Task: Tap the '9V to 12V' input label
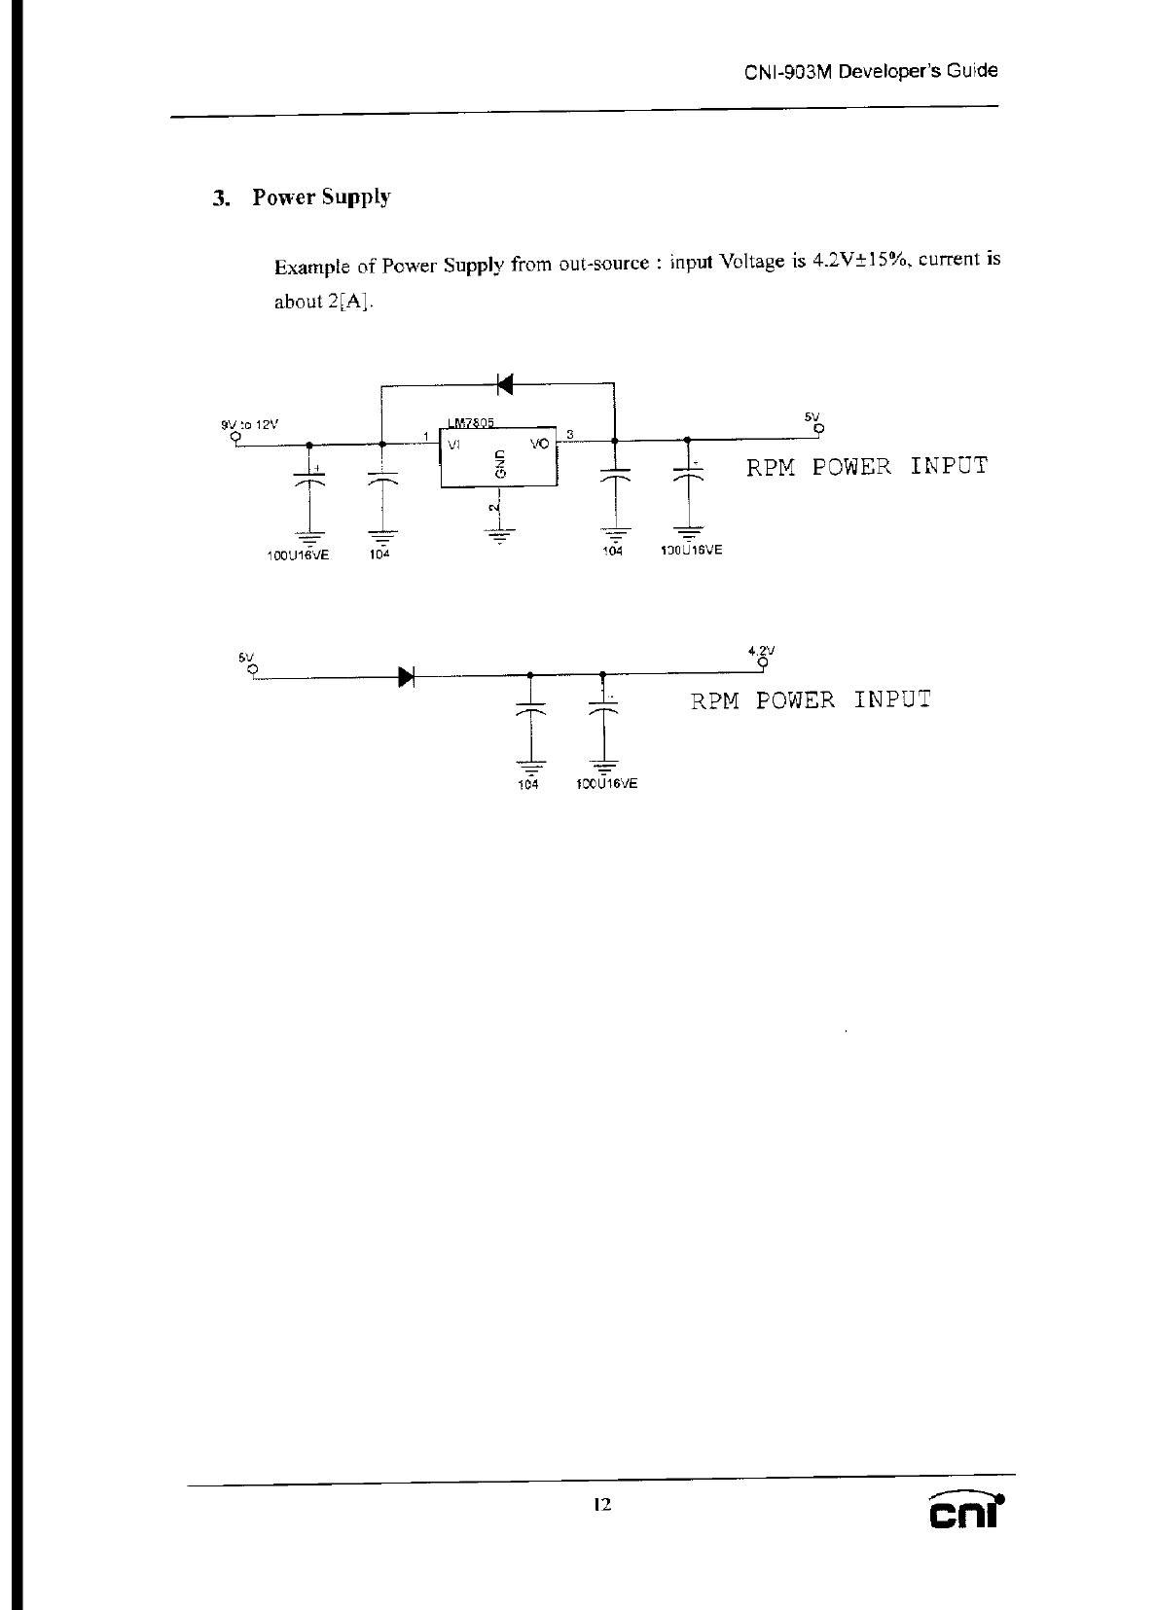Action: [250, 424]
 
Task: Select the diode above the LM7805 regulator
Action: [503, 384]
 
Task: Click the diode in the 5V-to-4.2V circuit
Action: [407, 675]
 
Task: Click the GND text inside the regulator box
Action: [500, 463]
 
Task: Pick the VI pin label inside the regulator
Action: [454, 444]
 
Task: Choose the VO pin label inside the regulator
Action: [539, 444]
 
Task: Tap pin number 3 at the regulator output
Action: [570, 434]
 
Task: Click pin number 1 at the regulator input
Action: [426, 434]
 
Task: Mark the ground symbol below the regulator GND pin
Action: [499, 532]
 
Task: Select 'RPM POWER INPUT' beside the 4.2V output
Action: [811, 699]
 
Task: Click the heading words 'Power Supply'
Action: [321, 197]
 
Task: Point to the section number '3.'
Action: [222, 198]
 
